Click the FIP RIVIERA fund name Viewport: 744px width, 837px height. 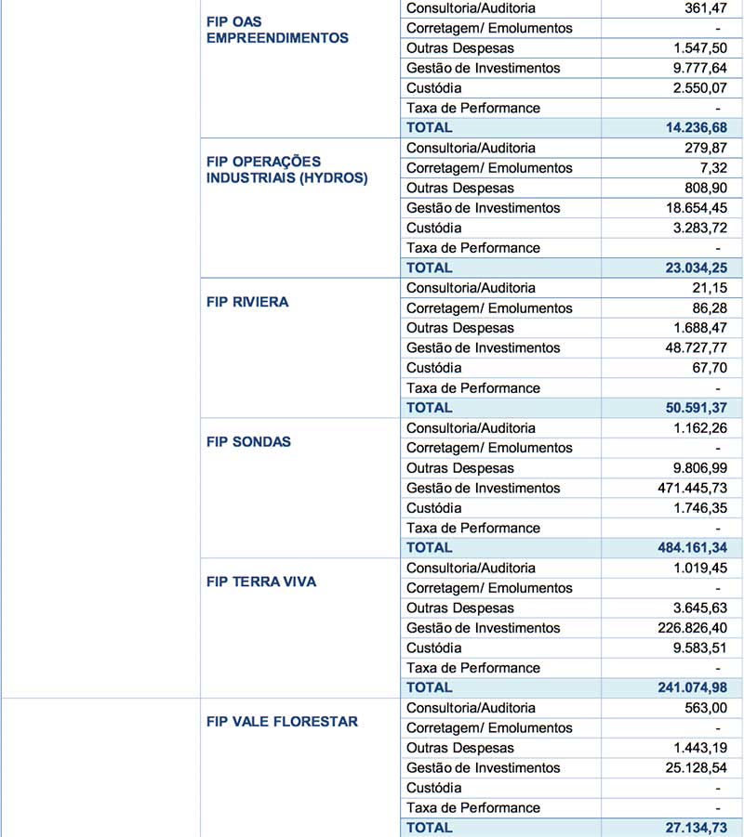(x=247, y=302)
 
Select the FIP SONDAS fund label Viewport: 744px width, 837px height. (x=248, y=442)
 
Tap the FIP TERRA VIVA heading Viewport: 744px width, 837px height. (x=261, y=582)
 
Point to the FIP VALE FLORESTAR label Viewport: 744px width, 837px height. (x=282, y=722)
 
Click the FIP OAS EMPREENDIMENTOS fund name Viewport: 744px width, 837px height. (x=277, y=30)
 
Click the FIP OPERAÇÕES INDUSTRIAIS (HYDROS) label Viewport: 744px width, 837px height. (x=286, y=170)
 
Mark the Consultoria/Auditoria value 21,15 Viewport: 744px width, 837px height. (x=711, y=288)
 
